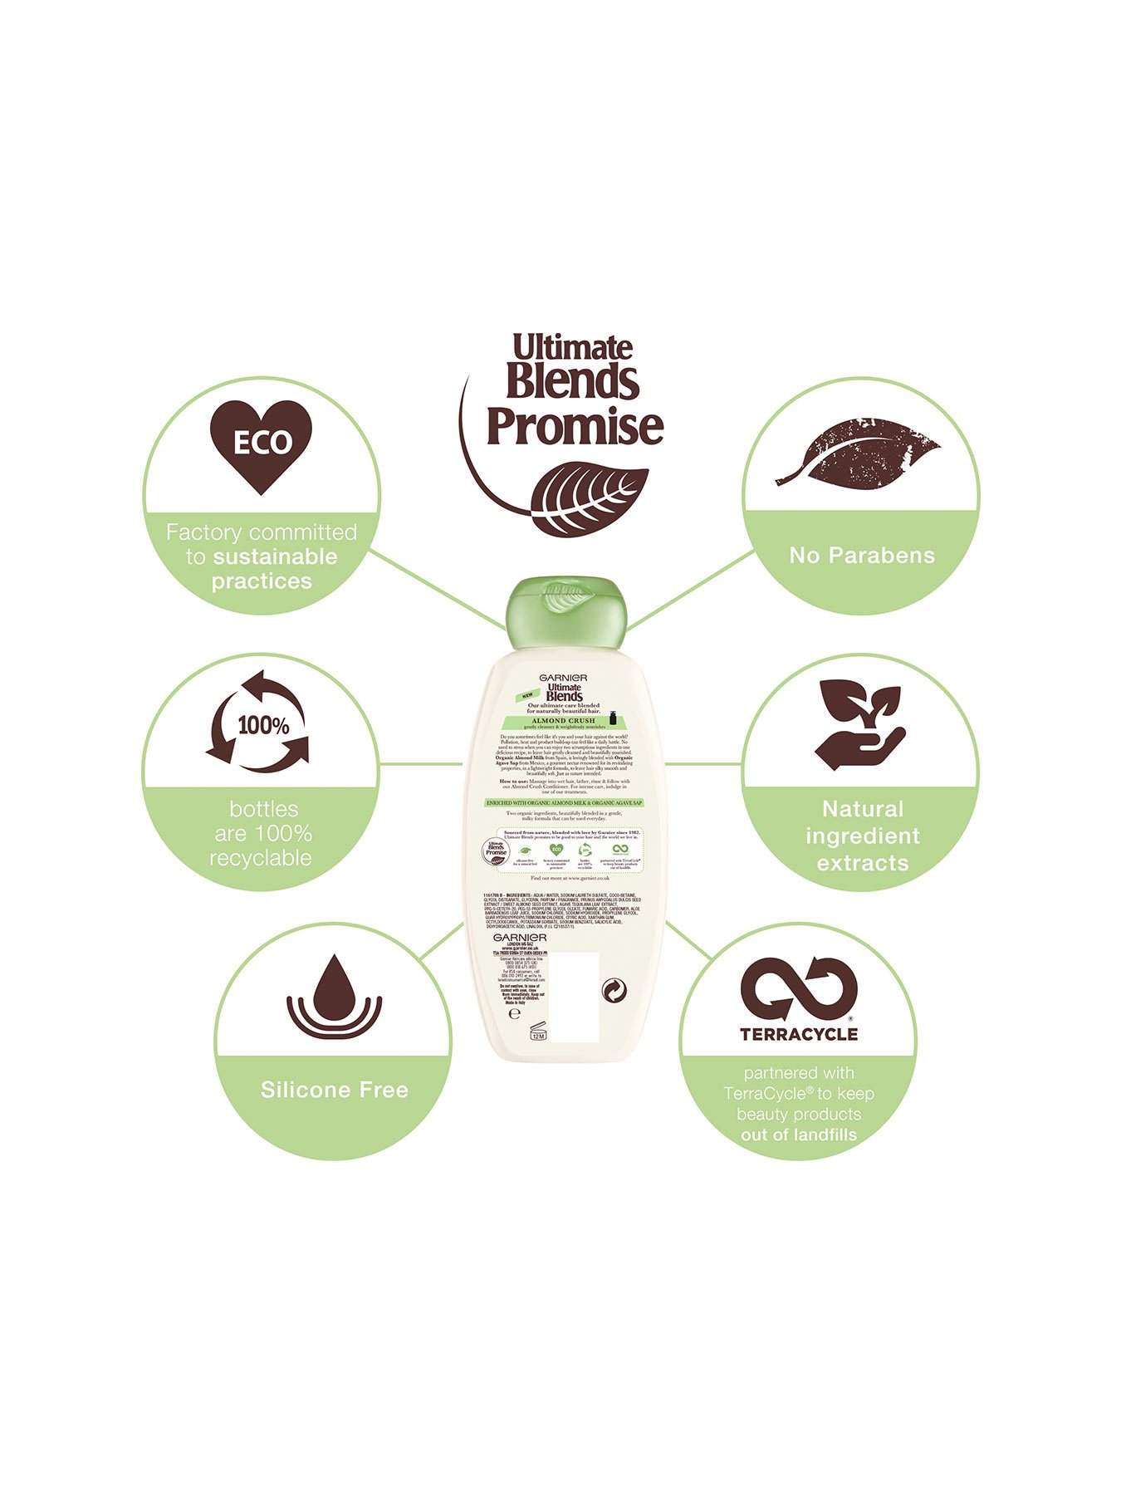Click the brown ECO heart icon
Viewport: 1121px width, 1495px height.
[x=261, y=445]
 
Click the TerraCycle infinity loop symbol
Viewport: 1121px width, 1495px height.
[x=799, y=988]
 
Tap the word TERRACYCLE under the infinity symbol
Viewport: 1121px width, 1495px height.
[x=799, y=1034]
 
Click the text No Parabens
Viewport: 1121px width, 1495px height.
[x=862, y=556]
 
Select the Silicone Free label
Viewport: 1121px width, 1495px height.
[x=334, y=1090]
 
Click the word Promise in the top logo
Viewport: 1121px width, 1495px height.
[x=575, y=425]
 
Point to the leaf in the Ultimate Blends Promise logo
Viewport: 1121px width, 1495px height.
[x=590, y=498]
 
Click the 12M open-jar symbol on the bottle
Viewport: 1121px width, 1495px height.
[x=537, y=1032]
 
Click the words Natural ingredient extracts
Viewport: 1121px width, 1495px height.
[x=862, y=836]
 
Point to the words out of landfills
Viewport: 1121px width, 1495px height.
[x=799, y=1135]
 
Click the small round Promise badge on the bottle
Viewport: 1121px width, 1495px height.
[x=496, y=852]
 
